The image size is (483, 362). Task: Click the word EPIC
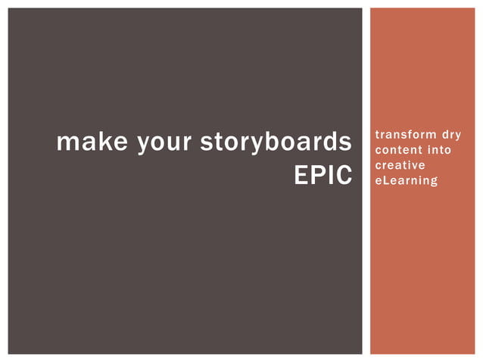tap(323, 176)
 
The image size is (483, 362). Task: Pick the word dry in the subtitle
tap(452, 135)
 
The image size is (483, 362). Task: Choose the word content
tap(397, 150)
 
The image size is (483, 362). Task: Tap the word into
tap(439, 150)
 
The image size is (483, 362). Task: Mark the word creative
tap(400, 165)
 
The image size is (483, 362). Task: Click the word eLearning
tap(407, 180)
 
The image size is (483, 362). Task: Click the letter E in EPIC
tap(301, 176)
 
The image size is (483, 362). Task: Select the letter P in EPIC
tap(318, 176)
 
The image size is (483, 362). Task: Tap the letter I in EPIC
tap(331, 176)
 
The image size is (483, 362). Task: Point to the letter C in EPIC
tap(344, 176)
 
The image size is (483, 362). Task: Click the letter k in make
tap(102, 142)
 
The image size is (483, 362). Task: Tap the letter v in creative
tap(417, 165)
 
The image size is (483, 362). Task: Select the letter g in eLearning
tap(434, 182)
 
